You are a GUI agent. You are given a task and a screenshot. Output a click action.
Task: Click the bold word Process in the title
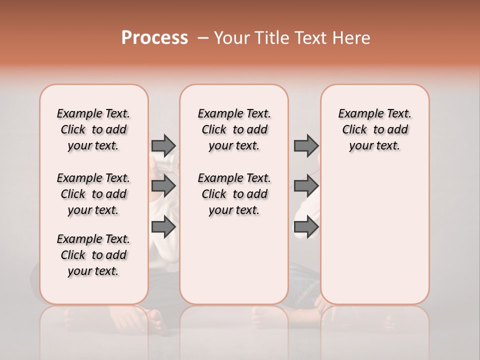(154, 38)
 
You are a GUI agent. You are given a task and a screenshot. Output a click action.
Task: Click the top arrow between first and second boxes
(163, 145)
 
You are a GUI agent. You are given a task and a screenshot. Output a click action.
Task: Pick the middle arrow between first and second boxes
(163, 186)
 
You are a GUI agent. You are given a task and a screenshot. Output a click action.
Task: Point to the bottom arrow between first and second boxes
(163, 227)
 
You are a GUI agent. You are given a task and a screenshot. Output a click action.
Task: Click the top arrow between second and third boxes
(306, 145)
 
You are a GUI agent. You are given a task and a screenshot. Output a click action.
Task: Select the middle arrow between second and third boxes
(306, 186)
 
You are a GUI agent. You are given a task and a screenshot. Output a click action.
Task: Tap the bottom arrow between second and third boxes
(306, 227)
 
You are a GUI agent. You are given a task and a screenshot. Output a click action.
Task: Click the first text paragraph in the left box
(93, 129)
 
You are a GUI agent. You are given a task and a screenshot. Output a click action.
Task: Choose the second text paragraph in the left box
(93, 194)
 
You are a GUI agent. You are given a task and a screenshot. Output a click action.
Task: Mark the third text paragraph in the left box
(93, 255)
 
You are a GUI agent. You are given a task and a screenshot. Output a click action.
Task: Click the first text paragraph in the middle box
(234, 129)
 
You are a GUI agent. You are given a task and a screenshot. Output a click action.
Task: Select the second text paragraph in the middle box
(234, 194)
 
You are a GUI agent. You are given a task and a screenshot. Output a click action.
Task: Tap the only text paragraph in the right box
(374, 129)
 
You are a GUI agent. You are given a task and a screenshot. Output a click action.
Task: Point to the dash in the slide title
(203, 38)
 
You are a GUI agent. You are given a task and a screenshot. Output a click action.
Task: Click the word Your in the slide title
(232, 38)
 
